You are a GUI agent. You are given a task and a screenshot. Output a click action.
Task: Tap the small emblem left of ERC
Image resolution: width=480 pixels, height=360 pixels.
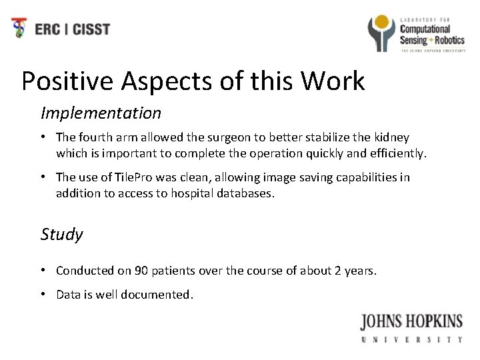click(21, 29)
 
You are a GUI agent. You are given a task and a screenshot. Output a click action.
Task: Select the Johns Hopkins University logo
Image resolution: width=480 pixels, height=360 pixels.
click(411, 327)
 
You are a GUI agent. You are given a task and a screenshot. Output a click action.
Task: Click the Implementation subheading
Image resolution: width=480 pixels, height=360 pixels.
click(101, 113)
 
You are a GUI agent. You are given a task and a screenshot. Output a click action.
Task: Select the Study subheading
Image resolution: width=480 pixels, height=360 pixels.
click(62, 234)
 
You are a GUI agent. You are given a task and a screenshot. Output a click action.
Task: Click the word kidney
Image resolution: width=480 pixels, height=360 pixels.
click(392, 137)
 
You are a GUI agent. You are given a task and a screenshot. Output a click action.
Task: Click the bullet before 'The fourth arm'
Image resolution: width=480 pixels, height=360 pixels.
click(43, 137)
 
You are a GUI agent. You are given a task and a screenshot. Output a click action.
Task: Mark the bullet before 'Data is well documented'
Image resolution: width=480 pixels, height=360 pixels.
click(43, 294)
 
